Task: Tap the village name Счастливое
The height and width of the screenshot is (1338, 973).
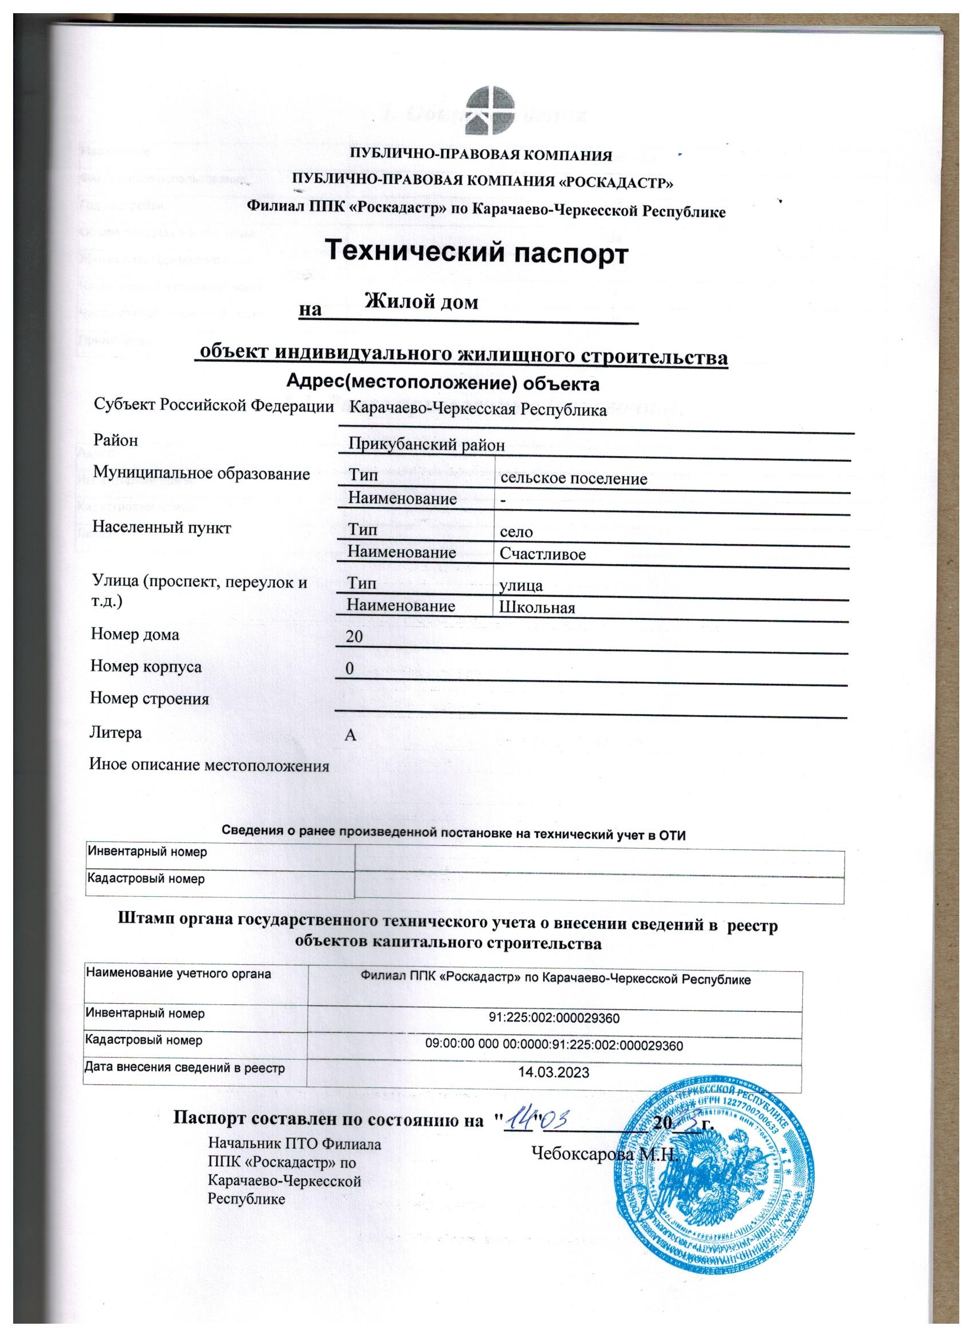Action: (x=542, y=555)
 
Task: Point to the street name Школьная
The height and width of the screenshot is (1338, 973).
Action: (x=537, y=608)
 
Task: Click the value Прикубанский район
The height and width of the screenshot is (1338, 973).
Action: (x=426, y=445)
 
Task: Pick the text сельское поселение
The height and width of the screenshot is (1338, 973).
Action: (x=573, y=478)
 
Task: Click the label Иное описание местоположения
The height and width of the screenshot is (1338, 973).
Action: (x=209, y=766)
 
